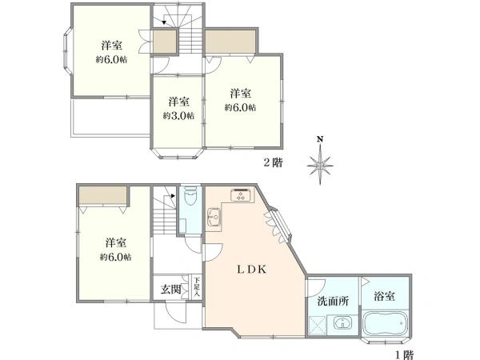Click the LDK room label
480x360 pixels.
tap(252, 270)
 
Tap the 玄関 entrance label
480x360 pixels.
tap(171, 289)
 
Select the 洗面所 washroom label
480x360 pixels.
tap(333, 302)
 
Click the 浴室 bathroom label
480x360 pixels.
tap(384, 296)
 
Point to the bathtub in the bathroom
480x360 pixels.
tap(385, 324)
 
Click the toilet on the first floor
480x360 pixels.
tap(190, 197)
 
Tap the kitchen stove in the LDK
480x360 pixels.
tap(242, 195)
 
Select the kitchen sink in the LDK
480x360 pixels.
tap(214, 217)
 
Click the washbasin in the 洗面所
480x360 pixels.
tap(342, 323)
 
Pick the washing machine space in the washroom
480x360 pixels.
tap(318, 326)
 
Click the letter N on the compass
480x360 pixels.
tap(320, 139)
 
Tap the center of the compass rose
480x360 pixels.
tap(320, 166)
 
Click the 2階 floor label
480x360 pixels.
tap(273, 162)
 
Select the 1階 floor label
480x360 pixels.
tap(404, 355)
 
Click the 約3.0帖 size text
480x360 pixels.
tap(178, 116)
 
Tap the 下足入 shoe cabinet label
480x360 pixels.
tap(197, 286)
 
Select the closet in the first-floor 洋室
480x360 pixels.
tap(103, 195)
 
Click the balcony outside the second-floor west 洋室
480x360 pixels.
tap(111, 117)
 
